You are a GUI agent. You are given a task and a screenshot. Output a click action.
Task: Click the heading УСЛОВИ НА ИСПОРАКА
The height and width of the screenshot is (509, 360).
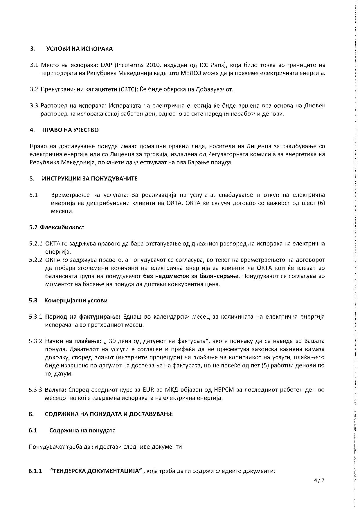pyautogui.click(x=79, y=49)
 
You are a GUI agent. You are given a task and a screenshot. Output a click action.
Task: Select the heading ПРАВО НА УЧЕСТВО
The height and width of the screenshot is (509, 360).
pyautogui.click(x=70, y=130)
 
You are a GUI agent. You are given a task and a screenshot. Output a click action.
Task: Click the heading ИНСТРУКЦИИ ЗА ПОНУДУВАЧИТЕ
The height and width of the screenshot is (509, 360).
pyautogui.click(x=90, y=178)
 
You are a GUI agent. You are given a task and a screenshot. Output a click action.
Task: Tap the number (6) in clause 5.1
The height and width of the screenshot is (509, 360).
pyautogui.click(x=321, y=203)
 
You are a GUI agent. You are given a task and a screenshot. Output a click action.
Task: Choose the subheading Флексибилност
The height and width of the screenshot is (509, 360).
pyautogui.click(x=62, y=227)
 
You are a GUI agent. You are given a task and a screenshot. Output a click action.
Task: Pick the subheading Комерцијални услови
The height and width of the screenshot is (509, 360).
pyautogui.click(x=76, y=300)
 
